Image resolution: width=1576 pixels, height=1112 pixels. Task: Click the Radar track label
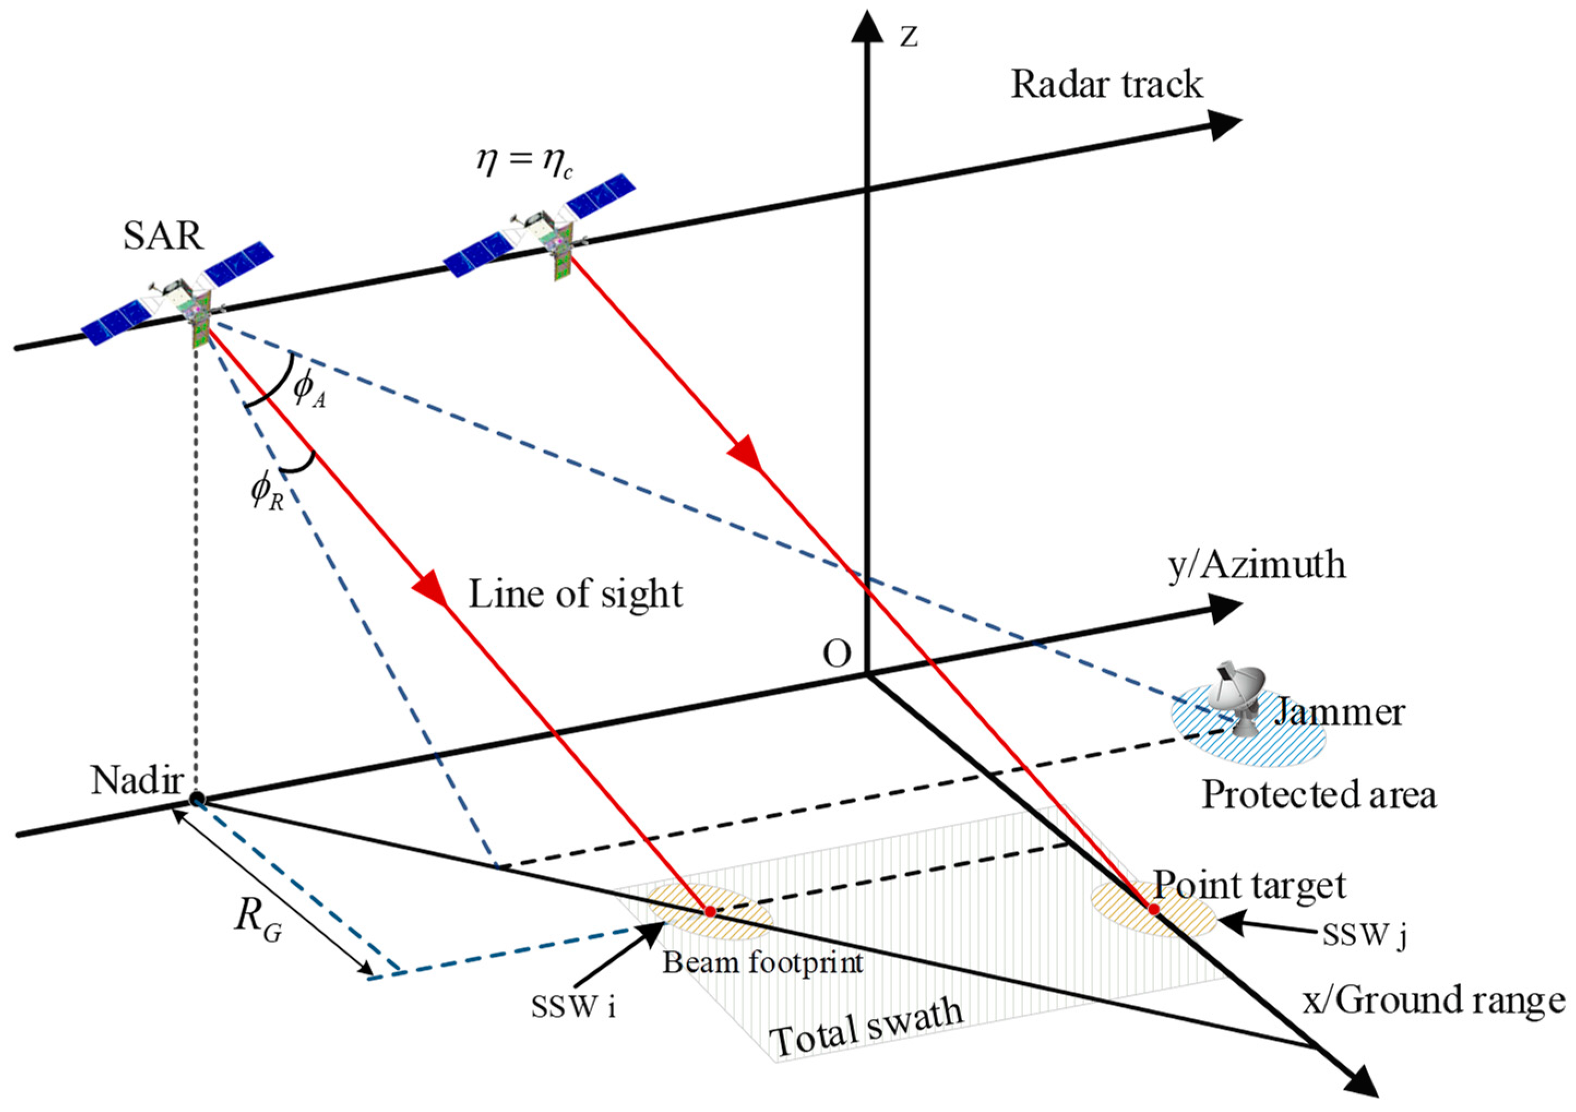[1107, 86]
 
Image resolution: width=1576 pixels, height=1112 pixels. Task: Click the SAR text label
[163, 236]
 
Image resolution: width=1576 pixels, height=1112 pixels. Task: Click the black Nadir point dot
[197, 798]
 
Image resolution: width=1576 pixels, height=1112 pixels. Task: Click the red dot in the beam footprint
[711, 912]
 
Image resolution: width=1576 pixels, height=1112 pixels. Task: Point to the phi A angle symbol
[309, 391]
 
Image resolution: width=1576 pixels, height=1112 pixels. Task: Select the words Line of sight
[575, 594]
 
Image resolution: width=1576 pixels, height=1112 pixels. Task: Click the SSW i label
[573, 1008]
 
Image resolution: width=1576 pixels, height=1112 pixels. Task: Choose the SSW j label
[1364, 935]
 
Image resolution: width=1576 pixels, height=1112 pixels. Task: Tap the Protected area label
[1318, 795]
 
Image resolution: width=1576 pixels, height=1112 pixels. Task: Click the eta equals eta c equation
[524, 162]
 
